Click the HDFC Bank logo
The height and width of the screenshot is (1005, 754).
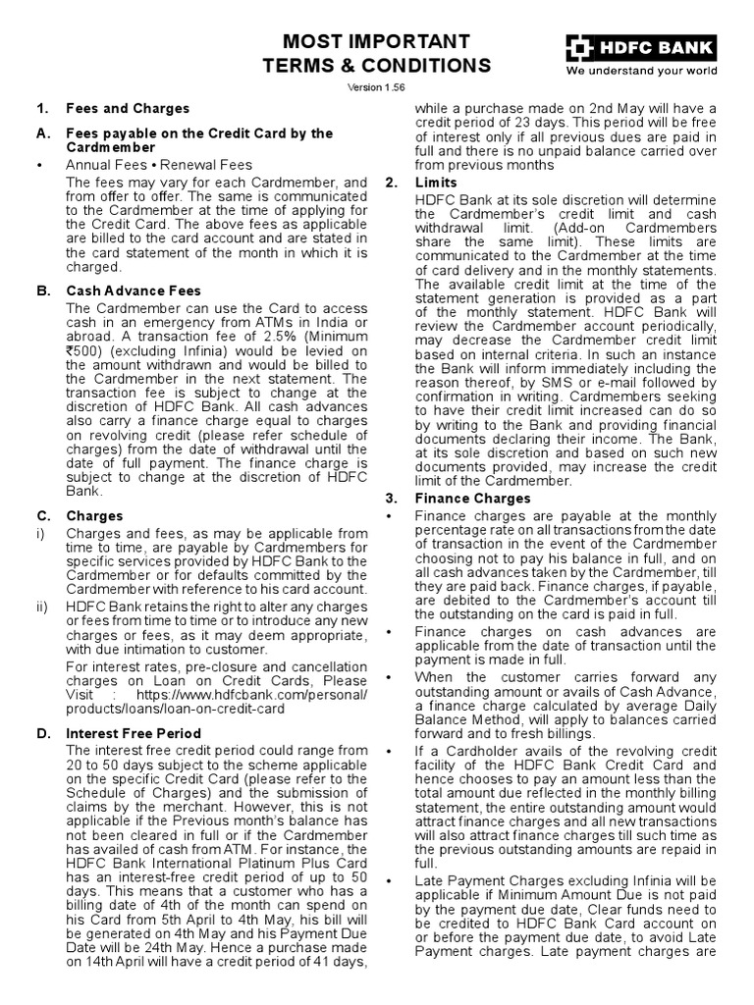(639, 47)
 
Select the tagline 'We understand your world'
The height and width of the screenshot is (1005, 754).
(640, 71)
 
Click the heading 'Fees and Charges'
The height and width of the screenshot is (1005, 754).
(128, 108)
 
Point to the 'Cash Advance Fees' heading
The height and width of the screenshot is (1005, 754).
(133, 291)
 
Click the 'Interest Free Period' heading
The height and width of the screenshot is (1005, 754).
(133, 733)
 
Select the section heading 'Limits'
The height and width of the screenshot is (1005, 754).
(436, 184)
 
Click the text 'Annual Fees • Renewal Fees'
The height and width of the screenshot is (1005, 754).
(159, 165)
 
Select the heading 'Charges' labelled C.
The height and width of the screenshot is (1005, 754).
(94, 515)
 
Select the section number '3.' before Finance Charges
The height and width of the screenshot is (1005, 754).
(391, 499)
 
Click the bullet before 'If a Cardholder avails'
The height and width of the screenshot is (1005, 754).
(391, 752)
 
